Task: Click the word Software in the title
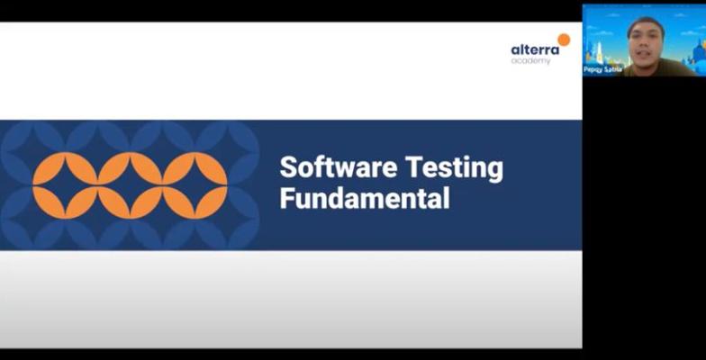click(339, 167)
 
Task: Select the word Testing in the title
click(454, 169)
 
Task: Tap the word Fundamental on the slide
click(365, 198)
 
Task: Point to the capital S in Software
click(288, 167)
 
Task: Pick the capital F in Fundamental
click(286, 198)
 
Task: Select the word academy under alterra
click(530, 60)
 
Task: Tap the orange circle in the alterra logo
click(564, 40)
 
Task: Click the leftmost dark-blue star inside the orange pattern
click(65, 185)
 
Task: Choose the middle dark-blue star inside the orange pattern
click(130, 185)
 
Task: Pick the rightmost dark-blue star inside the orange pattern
click(195, 185)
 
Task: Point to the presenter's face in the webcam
click(647, 43)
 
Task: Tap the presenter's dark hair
click(647, 22)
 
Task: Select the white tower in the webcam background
click(600, 53)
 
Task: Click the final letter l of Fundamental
click(447, 198)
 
